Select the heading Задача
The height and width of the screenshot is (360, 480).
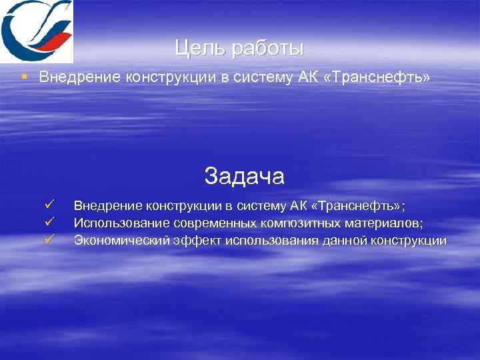click(x=244, y=176)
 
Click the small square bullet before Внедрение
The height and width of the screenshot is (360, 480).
click(x=25, y=77)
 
